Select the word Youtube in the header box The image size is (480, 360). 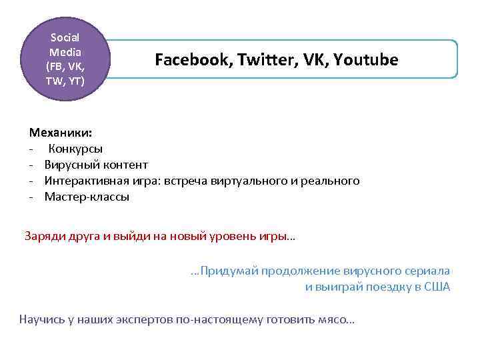coord(366,61)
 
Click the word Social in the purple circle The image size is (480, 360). coord(65,37)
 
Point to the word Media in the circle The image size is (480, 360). coord(65,52)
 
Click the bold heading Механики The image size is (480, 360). coord(56,133)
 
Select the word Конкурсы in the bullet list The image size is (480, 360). coord(75,149)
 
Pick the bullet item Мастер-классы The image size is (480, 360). coord(87,197)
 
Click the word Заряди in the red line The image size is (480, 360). coord(45,235)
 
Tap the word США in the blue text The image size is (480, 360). coord(437,287)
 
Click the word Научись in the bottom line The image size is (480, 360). coord(42,319)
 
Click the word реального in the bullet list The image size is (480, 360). coord(331,181)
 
